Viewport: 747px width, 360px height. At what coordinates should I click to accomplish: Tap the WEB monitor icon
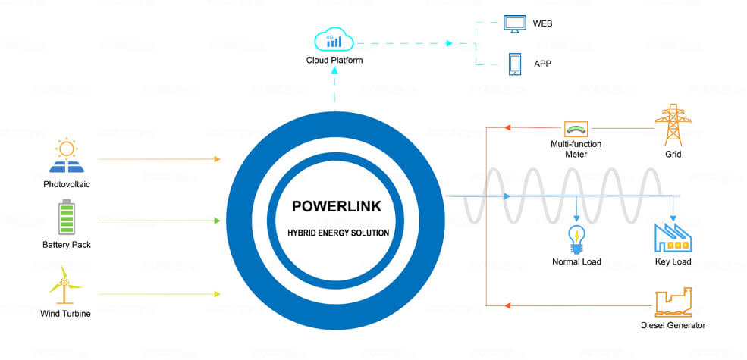click(515, 23)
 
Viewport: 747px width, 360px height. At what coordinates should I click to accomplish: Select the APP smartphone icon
click(515, 63)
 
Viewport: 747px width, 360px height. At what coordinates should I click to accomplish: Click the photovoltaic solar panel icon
click(67, 156)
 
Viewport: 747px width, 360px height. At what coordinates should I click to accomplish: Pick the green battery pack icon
click(67, 217)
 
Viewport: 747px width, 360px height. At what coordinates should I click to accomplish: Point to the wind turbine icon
click(66, 283)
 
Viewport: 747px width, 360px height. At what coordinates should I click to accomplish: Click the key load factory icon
click(673, 237)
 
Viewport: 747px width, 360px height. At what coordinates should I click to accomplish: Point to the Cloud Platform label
click(334, 60)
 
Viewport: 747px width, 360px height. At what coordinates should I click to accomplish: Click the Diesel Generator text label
click(673, 326)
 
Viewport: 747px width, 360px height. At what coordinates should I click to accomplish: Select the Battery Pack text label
click(67, 245)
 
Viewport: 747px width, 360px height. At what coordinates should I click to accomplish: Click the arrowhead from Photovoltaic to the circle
click(217, 159)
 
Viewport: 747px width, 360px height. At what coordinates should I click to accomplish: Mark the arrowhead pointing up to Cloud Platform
click(334, 72)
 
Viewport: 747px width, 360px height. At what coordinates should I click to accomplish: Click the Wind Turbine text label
click(66, 313)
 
